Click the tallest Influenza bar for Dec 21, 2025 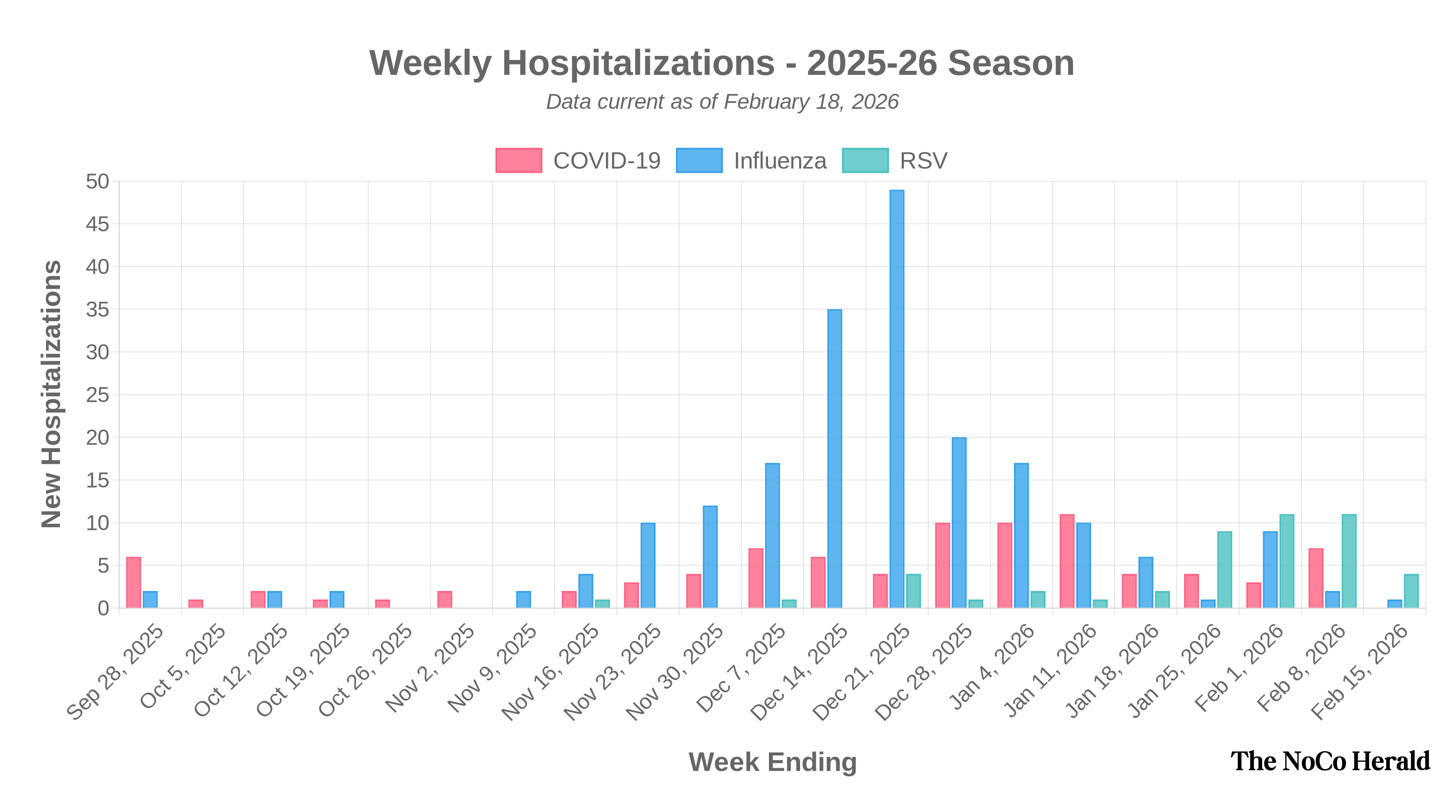[897, 398]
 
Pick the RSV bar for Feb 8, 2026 [1349, 560]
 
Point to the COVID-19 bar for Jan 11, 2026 [1067, 560]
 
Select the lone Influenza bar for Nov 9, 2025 [523, 599]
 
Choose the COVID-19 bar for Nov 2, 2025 [444, 599]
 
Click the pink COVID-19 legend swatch [518, 160]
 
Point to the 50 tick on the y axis [97, 181]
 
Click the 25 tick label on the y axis [97, 395]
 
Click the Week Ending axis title [773, 762]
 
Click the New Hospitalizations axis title [51, 394]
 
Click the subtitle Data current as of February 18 [722, 102]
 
